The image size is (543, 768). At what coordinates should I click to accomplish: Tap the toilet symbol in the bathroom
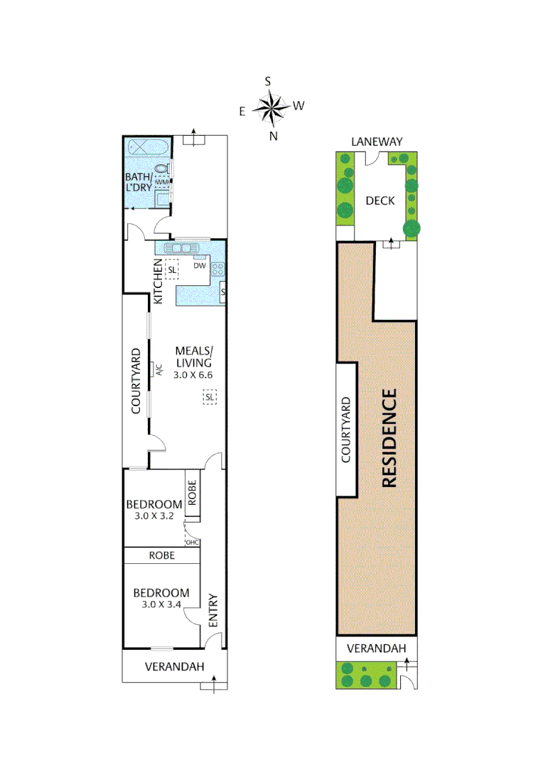(162, 169)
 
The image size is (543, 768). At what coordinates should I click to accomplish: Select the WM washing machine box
(162, 182)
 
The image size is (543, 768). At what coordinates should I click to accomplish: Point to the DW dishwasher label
(199, 266)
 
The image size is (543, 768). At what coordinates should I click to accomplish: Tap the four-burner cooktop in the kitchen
(218, 270)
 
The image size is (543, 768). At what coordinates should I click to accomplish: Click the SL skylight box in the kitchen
(171, 270)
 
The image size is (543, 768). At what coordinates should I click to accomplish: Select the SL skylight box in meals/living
(209, 398)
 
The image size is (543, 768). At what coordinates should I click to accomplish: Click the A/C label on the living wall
(159, 370)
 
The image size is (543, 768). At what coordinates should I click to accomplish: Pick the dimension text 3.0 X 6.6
(194, 374)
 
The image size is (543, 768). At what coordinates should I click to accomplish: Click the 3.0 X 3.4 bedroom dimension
(161, 604)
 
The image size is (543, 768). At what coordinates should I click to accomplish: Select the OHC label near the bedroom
(192, 543)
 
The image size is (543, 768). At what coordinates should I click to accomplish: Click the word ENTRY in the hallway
(213, 609)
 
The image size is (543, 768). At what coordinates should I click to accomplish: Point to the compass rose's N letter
(273, 137)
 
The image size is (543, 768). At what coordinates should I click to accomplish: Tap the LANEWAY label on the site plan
(377, 142)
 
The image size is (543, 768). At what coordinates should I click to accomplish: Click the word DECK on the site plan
(380, 201)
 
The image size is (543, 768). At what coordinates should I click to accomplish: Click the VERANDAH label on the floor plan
(175, 667)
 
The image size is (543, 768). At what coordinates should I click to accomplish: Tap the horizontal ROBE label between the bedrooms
(162, 555)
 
